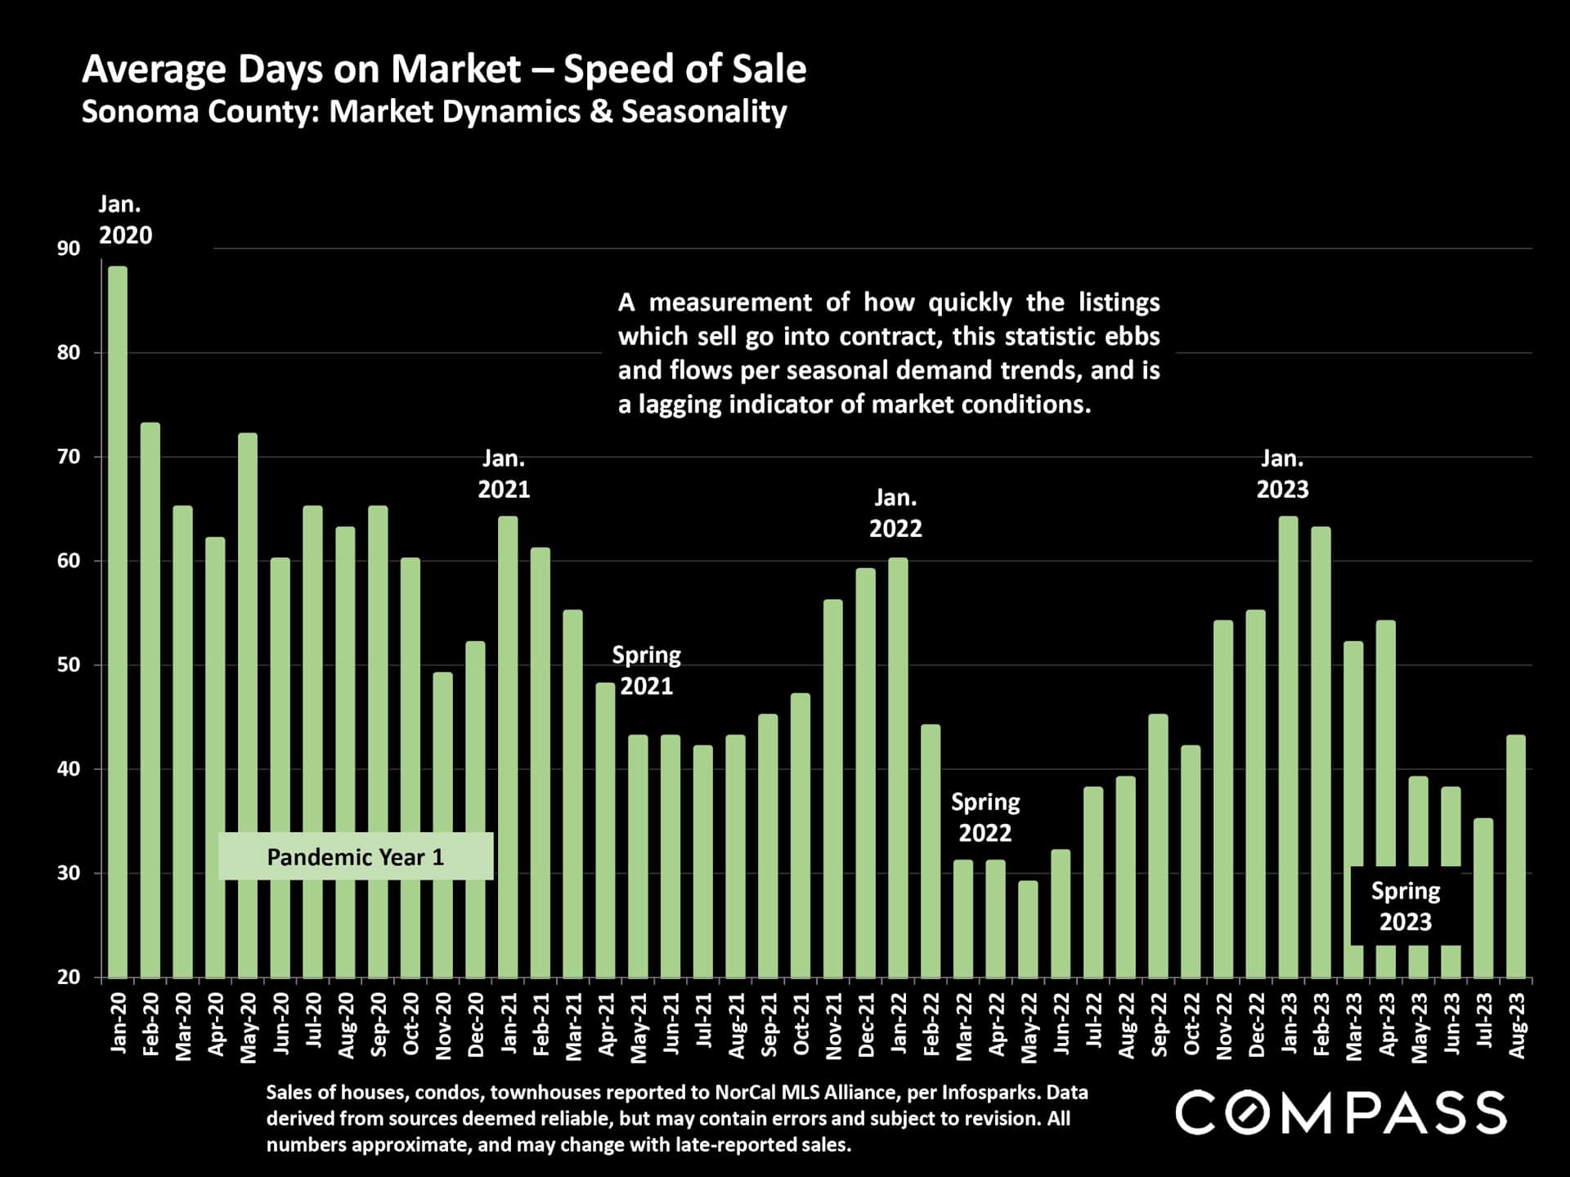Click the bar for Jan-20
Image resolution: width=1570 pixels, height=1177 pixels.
pos(118,621)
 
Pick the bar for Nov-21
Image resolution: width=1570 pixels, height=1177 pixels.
pos(832,788)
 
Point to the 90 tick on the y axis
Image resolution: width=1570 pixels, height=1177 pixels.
pos(69,248)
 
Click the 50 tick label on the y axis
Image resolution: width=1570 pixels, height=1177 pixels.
pos(69,665)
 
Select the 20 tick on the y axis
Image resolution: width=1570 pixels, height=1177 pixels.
pos(69,977)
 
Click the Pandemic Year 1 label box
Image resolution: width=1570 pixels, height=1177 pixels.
pos(356,857)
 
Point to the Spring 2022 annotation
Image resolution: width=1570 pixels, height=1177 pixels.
pos(985,817)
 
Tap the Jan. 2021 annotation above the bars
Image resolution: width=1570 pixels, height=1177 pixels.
pos(504,474)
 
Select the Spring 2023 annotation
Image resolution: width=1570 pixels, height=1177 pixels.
pos(1405,906)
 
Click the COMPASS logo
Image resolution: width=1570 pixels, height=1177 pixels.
pos(1340,1112)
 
